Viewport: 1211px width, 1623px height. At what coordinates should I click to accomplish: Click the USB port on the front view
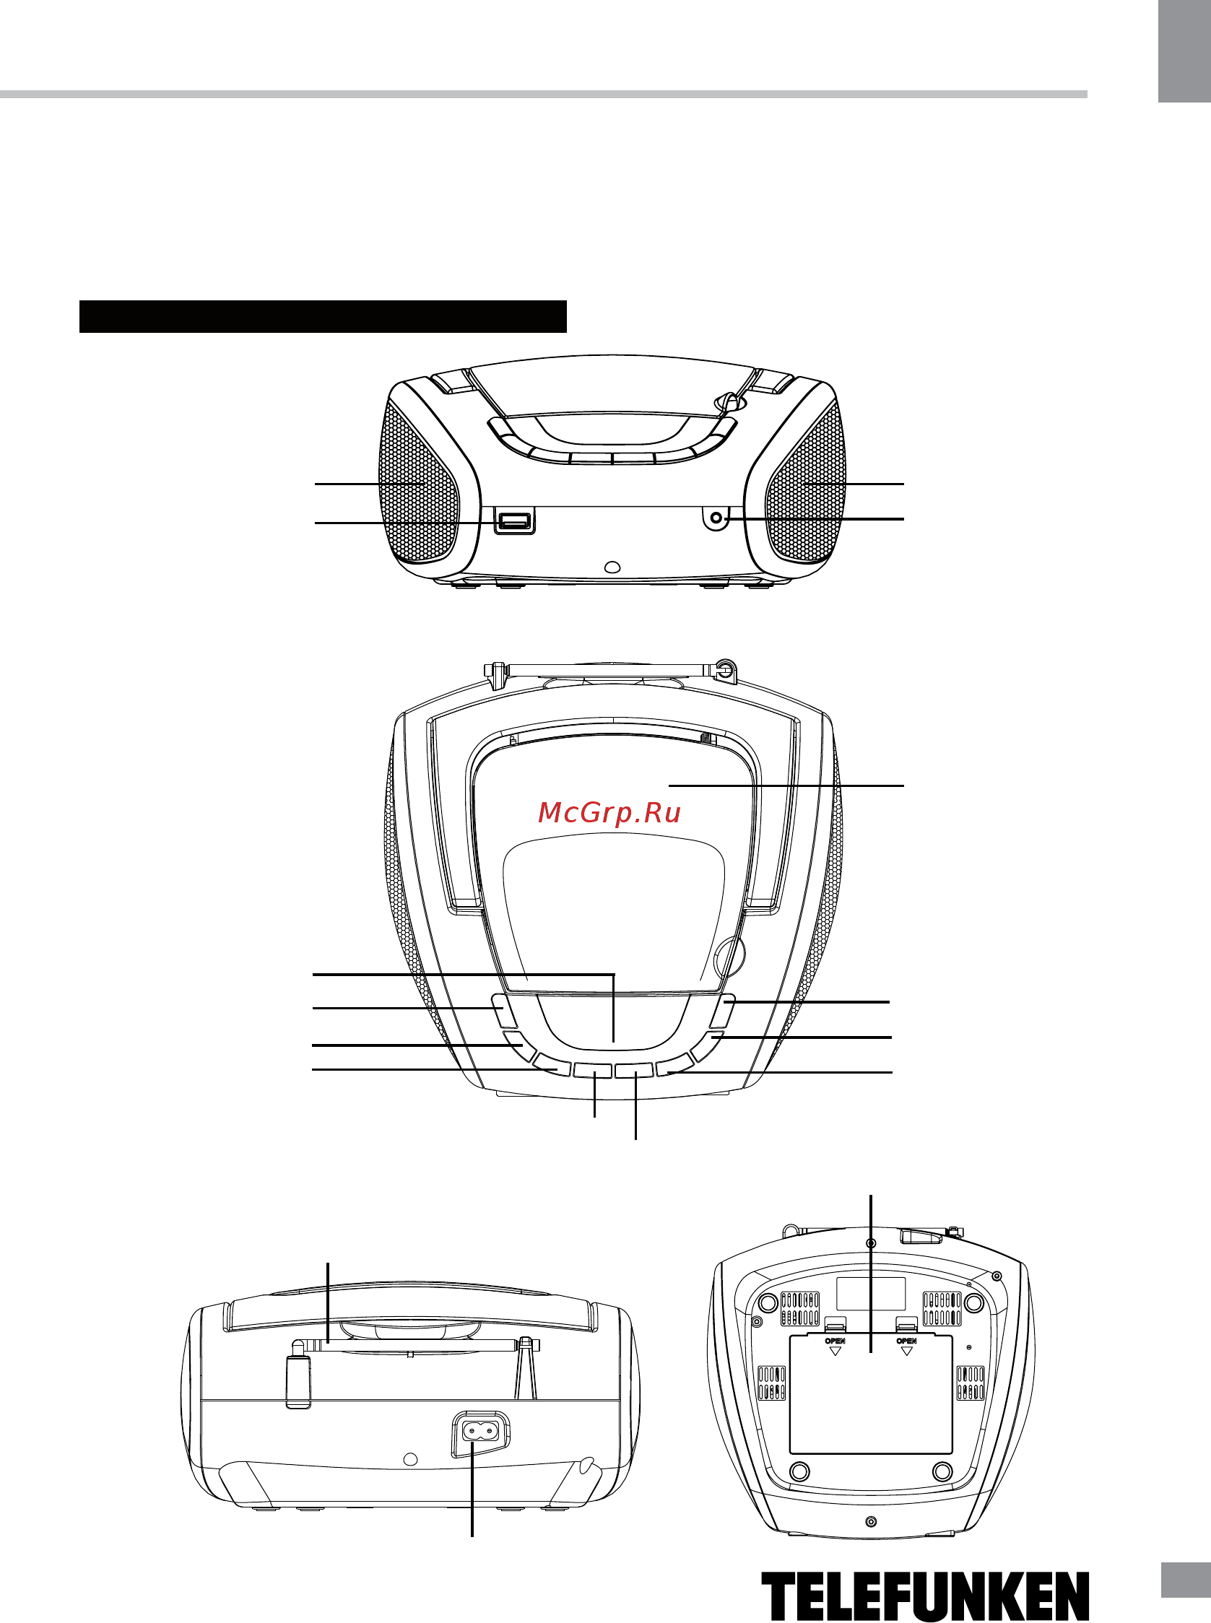pyautogui.click(x=515, y=521)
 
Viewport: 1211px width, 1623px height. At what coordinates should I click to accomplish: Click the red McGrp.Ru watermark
pyautogui.click(x=609, y=813)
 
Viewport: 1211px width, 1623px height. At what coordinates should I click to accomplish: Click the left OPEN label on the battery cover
pyautogui.click(x=835, y=1341)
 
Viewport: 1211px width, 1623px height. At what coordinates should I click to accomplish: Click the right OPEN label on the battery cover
pyautogui.click(x=907, y=1341)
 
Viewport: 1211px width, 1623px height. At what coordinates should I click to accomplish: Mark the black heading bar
pyautogui.click(x=323, y=316)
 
